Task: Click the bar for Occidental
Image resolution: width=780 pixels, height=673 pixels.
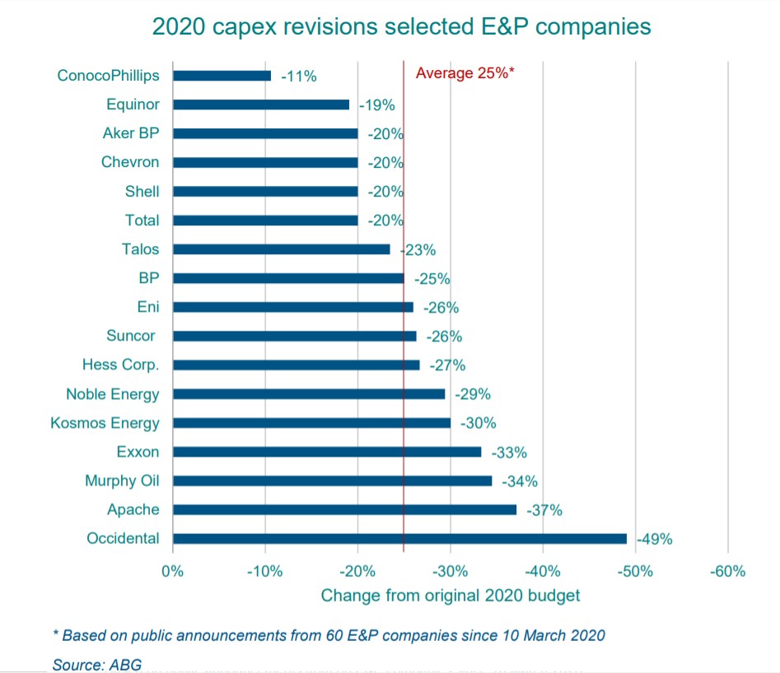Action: pyautogui.click(x=399, y=539)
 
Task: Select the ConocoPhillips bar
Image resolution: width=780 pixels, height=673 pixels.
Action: pyautogui.click(x=222, y=76)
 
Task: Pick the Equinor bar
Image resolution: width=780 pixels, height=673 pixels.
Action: pyautogui.click(x=260, y=104)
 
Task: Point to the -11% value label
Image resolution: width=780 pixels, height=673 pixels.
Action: pyautogui.click(x=298, y=77)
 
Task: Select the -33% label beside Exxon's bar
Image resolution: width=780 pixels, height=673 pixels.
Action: pyautogui.click(x=509, y=453)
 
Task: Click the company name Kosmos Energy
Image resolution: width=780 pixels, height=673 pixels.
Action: pyautogui.click(x=105, y=423)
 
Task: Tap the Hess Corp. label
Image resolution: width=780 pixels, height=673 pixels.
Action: pyautogui.click(x=120, y=365)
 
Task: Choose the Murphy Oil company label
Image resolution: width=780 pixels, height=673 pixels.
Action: pyautogui.click(x=122, y=480)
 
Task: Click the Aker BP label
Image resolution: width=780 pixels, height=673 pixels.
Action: pyautogui.click(x=131, y=133)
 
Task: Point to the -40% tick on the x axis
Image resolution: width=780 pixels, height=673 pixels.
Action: pyautogui.click(x=544, y=571)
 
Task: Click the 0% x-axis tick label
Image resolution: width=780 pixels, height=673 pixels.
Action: pyautogui.click(x=172, y=571)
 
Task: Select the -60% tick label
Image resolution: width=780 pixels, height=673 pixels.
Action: pyautogui.click(x=728, y=571)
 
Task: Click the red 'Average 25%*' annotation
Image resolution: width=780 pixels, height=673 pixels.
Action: pyautogui.click(x=465, y=72)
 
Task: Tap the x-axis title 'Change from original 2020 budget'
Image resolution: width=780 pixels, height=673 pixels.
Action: pyautogui.click(x=450, y=595)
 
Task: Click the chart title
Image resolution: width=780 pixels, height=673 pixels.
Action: pyautogui.click(x=401, y=26)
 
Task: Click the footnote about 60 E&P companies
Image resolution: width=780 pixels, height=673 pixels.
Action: pyautogui.click(x=329, y=635)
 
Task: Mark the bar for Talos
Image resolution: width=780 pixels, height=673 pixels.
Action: pyautogui.click(x=281, y=249)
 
